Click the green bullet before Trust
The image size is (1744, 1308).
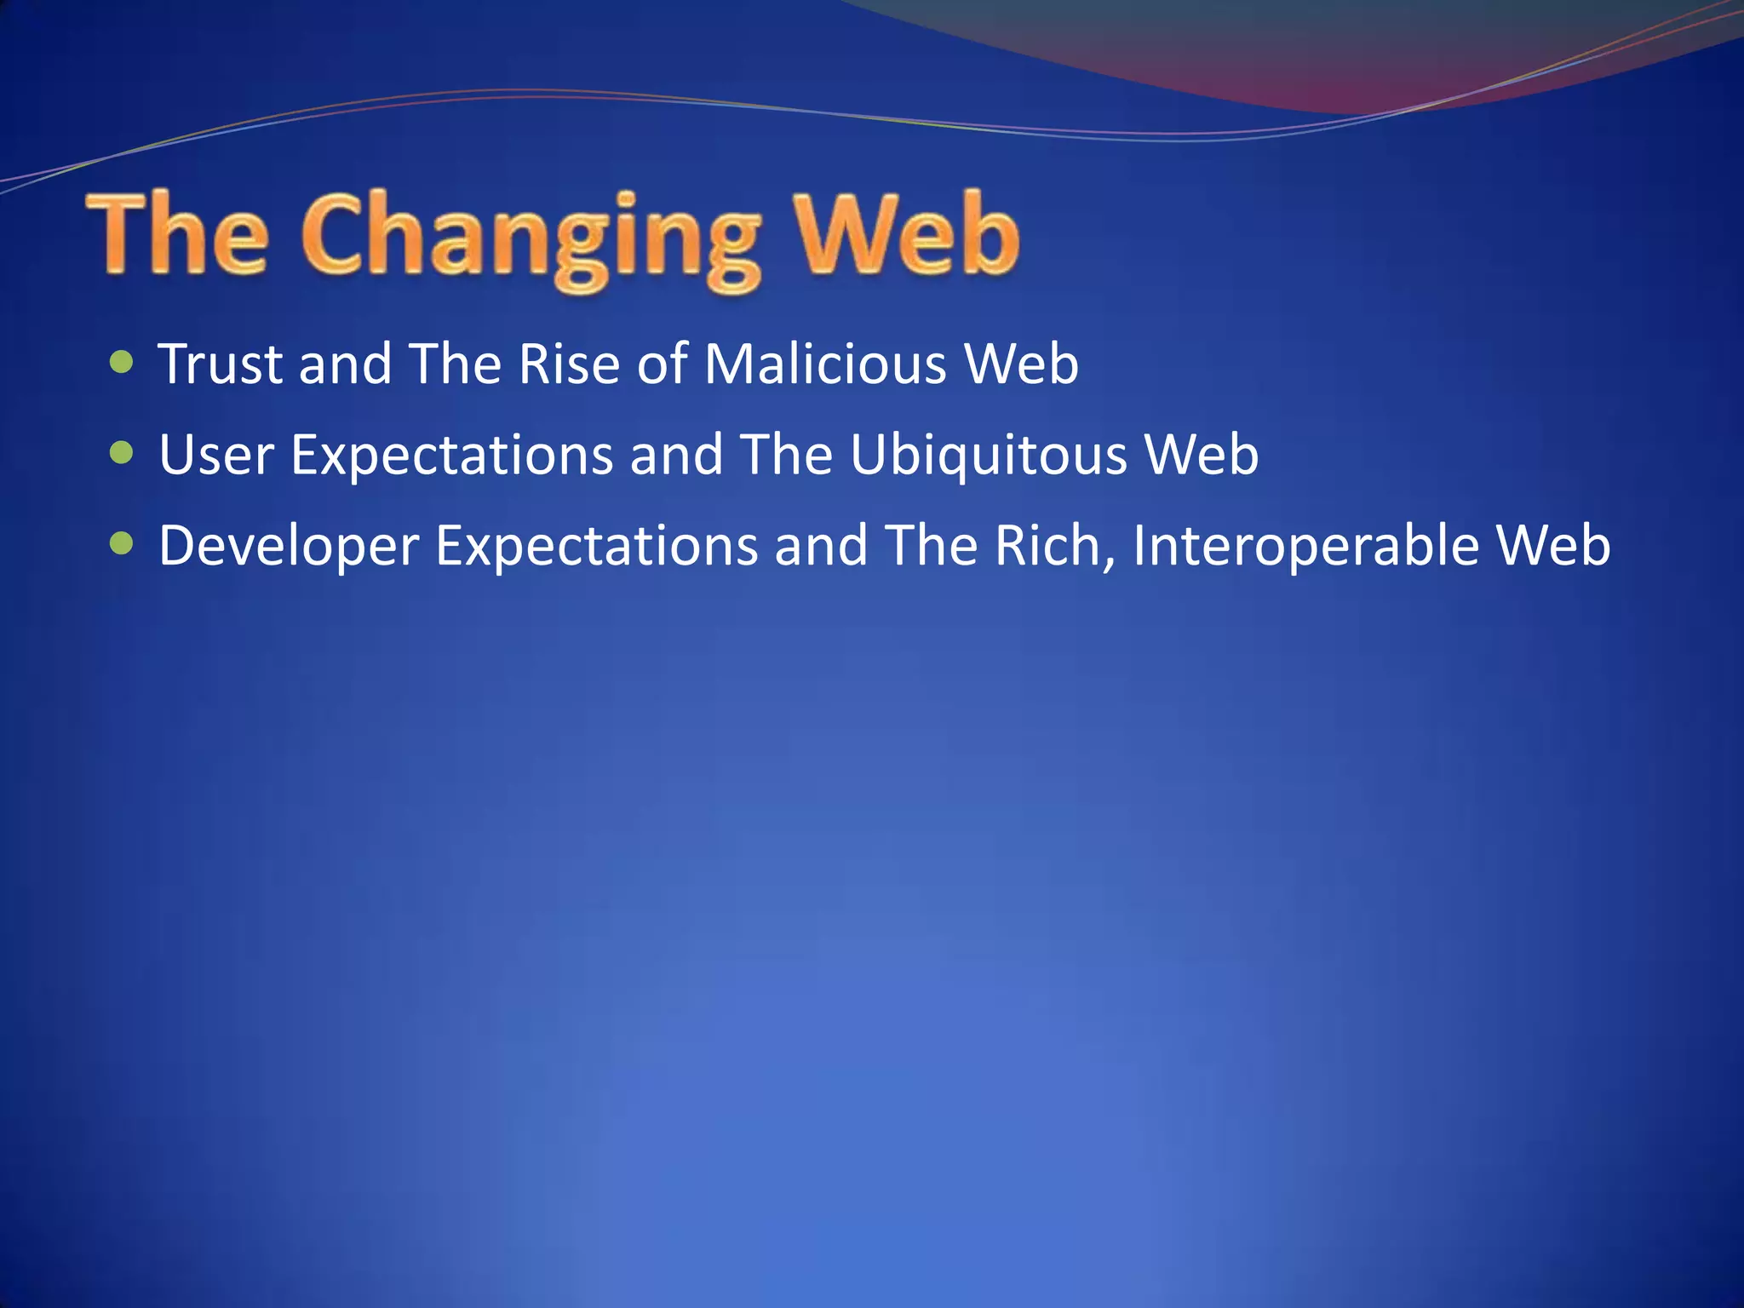(123, 363)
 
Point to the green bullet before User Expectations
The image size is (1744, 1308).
(123, 453)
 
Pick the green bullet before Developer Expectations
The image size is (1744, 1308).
(123, 543)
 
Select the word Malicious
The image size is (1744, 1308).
(825, 364)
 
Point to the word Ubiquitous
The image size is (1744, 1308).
(988, 455)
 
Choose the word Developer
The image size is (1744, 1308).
(289, 546)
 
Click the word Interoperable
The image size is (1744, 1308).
(1305, 546)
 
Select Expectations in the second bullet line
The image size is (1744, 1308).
(452, 455)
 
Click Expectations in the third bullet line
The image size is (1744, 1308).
(597, 546)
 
